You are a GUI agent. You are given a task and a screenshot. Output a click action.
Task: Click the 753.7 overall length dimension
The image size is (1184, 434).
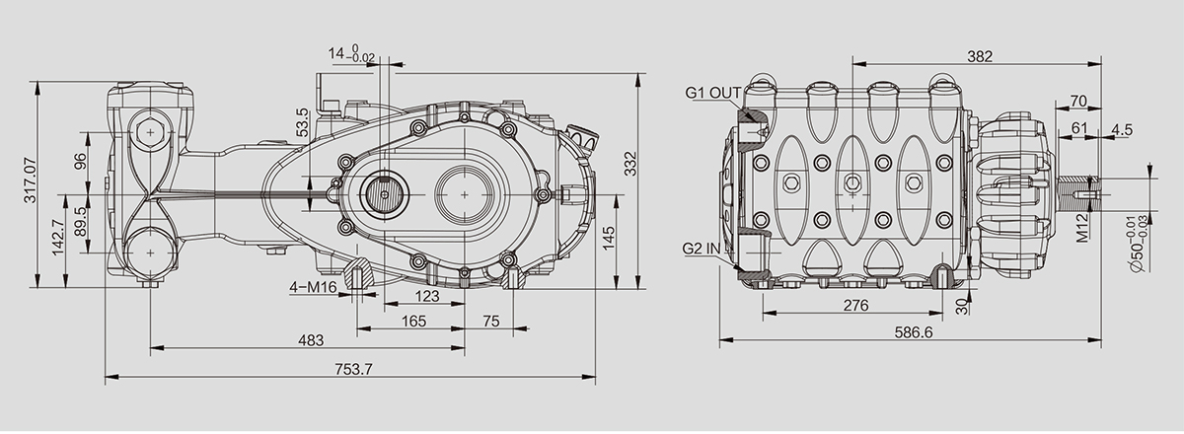353,369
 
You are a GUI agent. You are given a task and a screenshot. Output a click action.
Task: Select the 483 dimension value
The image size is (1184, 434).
311,340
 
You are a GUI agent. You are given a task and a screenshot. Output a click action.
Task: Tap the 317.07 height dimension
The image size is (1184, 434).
31,181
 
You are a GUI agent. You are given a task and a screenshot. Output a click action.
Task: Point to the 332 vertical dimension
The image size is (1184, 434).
630,164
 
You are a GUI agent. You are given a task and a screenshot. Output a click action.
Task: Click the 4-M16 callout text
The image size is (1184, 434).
313,287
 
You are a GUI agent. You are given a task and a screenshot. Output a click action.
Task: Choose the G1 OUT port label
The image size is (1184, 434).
713,93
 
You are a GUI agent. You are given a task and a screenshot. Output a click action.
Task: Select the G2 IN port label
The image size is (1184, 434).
702,249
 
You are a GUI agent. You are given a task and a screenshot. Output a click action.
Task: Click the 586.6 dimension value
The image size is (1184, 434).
914,332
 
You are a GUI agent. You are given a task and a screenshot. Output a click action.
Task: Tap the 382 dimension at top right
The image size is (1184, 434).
980,56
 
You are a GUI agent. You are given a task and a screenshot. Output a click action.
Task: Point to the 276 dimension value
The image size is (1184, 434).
855,306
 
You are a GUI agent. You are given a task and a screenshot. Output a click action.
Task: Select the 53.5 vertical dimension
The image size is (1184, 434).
302,122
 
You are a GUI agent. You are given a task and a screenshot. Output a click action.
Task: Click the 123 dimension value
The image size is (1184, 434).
427,296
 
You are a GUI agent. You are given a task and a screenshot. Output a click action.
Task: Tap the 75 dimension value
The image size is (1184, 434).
491,322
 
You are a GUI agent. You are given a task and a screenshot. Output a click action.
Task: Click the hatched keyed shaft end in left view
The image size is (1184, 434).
384,194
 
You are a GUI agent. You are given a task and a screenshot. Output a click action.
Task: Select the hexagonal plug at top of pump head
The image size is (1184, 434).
151,132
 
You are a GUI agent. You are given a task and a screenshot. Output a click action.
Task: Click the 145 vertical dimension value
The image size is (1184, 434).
609,239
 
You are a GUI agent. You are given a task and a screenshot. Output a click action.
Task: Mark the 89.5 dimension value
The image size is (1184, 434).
81,222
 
